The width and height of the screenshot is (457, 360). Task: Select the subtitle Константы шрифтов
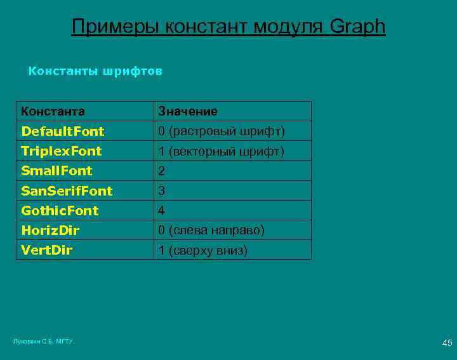click(x=95, y=71)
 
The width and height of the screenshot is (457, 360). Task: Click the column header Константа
click(x=53, y=111)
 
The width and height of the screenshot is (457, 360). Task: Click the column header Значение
click(x=188, y=111)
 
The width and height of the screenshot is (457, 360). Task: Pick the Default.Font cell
click(x=62, y=131)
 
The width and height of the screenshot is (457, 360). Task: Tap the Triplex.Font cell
click(x=61, y=151)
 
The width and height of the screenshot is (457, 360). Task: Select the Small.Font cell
click(x=56, y=171)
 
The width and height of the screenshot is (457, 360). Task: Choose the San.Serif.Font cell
click(x=67, y=190)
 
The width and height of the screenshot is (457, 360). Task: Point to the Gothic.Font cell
click(x=60, y=210)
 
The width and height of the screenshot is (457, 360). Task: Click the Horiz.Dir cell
click(x=50, y=230)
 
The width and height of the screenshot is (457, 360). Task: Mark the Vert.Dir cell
click(x=46, y=250)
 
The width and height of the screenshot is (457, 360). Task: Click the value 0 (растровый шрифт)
click(x=222, y=131)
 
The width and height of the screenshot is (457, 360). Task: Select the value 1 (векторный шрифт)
click(x=222, y=151)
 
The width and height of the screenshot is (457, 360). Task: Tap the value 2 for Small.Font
click(x=162, y=171)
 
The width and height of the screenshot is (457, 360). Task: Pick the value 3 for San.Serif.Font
click(x=162, y=191)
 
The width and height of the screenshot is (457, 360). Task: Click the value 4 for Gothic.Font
click(x=162, y=211)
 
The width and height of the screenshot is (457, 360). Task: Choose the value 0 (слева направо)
click(x=211, y=230)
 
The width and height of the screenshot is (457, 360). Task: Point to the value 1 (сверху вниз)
click(x=202, y=250)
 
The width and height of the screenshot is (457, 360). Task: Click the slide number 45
click(x=447, y=343)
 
